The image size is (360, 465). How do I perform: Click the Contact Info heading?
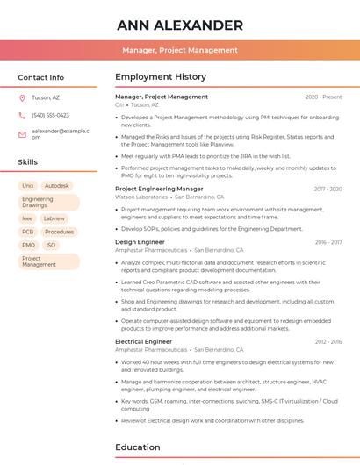coord(40,77)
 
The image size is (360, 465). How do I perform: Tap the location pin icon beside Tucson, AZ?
coord(22,97)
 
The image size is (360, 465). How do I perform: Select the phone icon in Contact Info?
coord(22,115)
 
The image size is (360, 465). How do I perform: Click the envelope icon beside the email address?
coord(22,134)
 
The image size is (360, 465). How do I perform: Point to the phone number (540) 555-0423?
coord(50,115)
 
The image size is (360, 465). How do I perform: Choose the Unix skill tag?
coord(28,186)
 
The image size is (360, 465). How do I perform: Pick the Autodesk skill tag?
coord(57,186)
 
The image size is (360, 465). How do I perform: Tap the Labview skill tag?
coord(54,218)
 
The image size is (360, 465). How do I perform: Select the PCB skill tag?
coord(28,232)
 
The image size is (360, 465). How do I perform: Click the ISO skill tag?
coord(50,245)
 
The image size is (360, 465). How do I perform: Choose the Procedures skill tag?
coord(59,232)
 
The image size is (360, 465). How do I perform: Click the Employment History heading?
coord(160,77)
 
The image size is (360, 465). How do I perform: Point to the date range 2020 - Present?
coord(323,97)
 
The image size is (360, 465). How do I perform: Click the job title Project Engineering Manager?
coord(159,189)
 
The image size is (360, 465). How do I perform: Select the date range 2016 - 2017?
coord(328,241)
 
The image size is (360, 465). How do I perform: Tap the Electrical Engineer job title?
coord(143,341)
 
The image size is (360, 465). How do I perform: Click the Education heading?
coord(138,447)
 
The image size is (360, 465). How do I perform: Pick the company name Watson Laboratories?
coord(141,197)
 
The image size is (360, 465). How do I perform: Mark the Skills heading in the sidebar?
coord(28,162)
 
